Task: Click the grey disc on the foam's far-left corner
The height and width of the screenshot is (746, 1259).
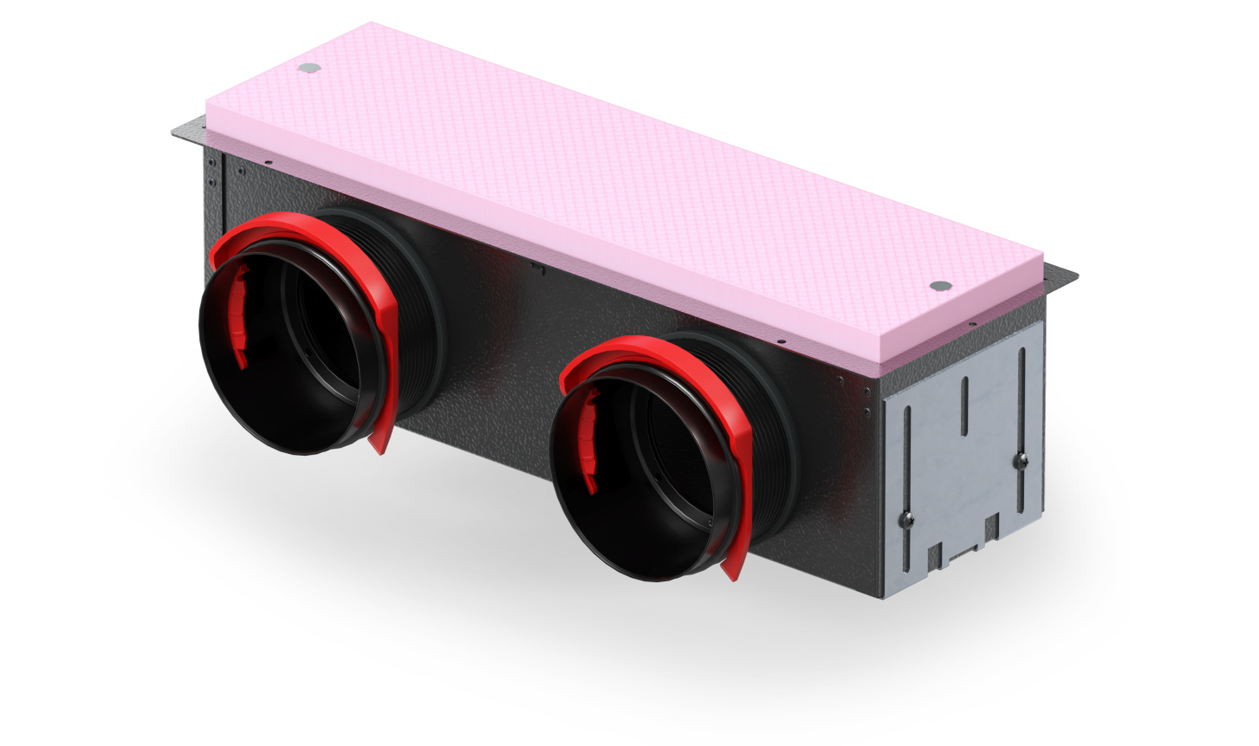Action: tap(308, 66)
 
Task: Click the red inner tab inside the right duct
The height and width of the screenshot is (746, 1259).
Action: tap(592, 440)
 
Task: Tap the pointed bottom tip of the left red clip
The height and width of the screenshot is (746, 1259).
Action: tap(380, 447)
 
